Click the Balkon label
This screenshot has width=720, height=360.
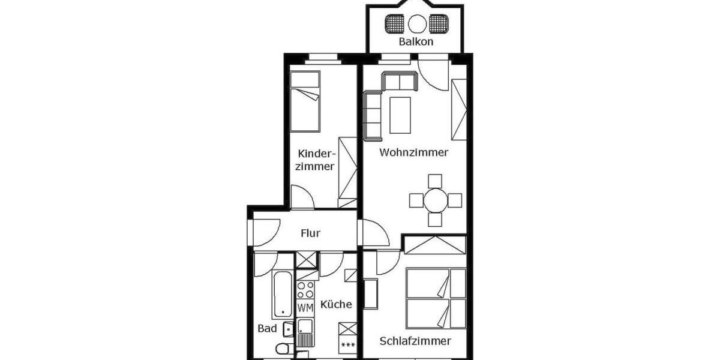click(416, 42)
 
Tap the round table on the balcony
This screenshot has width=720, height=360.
click(417, 24)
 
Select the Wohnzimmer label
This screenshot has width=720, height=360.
click(413, 152)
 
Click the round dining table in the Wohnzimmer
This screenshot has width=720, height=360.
click(435, 200)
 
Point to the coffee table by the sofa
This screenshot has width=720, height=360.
click(400, 115)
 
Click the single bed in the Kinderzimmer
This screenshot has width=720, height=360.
click(305, 101)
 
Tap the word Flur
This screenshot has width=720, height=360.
click(310, 233)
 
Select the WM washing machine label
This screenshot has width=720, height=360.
click(305, 308)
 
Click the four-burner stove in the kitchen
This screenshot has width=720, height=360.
click(305, 290)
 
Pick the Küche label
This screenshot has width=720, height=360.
click(336, 304)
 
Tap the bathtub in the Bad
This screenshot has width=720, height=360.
click(281, 295)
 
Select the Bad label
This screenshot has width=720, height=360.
click(267, 328)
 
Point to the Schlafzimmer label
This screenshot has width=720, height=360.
click(415, 341)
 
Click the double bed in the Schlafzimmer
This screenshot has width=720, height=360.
click(436, 298)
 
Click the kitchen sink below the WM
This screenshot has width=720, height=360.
click(305, 329)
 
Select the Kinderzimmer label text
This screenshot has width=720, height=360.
click(314, 160)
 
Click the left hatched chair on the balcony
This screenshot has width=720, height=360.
click(395, 24)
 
